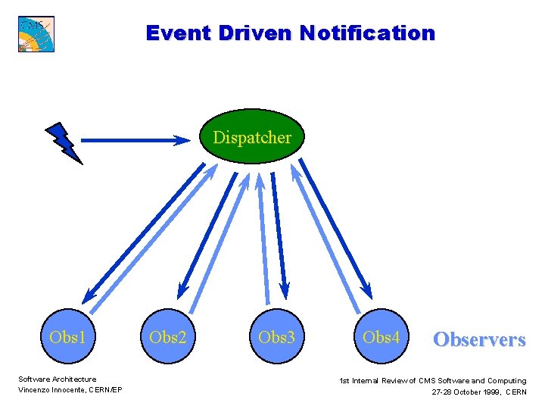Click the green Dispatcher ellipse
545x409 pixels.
pyautogui.click(x=252, y=137)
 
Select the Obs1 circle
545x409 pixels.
pyautogui.click(x=67, y=337)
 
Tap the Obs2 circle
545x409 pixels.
pyautogui.click(x=168, y=337)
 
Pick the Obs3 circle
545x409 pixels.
pyautogui.click(x=276, y=337)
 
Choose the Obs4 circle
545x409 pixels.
pyautogui.click(x=381, y=337)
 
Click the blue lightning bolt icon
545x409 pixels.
pyautogui.click(x=64, y=142)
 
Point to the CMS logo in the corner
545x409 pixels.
pyautogui.click(x=36, y=33)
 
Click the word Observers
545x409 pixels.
pyautogui.click(x=478, y=339)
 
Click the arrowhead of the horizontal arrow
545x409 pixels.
pyautogui.click(x=184, y=140)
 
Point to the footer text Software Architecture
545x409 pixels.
pyautogui.click(x=58, y=379)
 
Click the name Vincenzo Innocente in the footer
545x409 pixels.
pyautogui.click(x=51, y=390)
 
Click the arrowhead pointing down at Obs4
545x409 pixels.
pyautogui.click(x=367, y=290)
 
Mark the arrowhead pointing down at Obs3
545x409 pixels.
pyautogui.click(x=285, y=289)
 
